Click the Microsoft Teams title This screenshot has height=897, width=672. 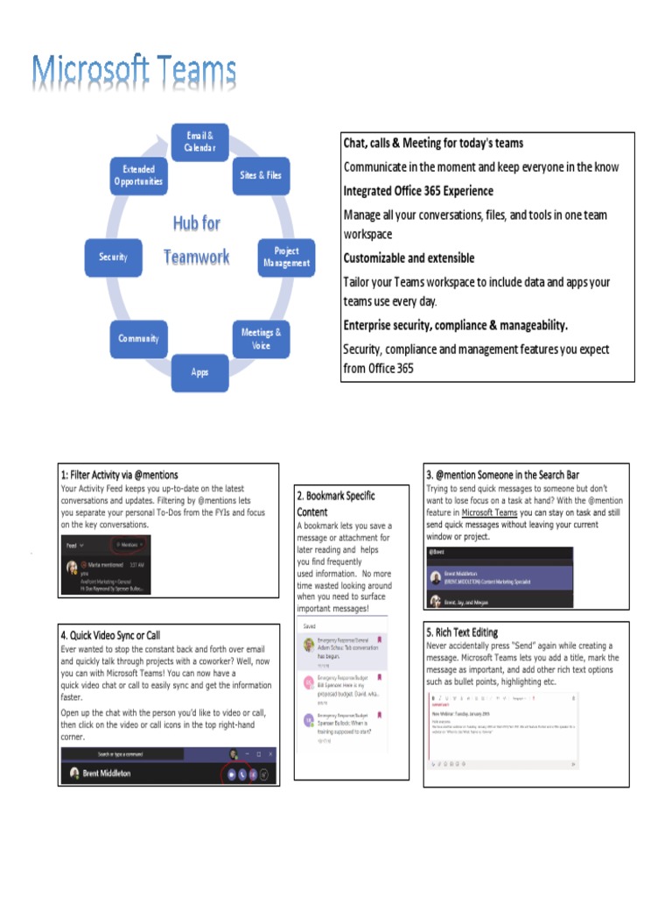(133, 74)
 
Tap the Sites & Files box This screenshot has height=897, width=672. (261, 175)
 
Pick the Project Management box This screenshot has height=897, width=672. (286, 257)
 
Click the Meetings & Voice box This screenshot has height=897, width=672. (261, 338)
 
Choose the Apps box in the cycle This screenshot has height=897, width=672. (200, 371)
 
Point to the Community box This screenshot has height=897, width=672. (138, 338)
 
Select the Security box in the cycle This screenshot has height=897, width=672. (113, 257)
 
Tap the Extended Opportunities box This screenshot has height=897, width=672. (137, 175)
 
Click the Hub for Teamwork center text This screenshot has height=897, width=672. (197, 239)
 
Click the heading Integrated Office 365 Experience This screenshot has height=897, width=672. (418, 191)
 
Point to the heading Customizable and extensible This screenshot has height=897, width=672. (409, 258)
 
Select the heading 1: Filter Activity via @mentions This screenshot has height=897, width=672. (119, 475)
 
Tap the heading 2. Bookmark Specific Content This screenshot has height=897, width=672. (336, 504)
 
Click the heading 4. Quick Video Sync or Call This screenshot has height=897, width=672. (109, 634)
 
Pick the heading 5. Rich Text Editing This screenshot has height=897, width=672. (462, 632)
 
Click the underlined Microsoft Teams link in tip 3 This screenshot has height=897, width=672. (490, 512)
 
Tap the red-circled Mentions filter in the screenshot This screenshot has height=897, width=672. (129, 544)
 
